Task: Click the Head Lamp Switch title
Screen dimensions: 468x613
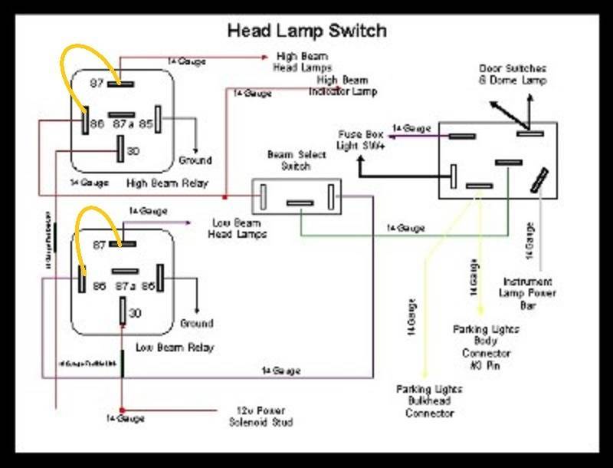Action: [x=306, y=31]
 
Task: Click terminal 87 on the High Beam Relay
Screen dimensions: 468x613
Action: [x=122, y=83]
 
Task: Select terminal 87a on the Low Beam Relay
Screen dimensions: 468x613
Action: [x=123, y=271]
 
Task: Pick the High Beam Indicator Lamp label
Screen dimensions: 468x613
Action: [x=338, y=85]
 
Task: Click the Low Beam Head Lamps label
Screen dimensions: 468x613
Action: [x=238, y=228]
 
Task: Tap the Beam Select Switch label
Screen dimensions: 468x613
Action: [x=296, y=160]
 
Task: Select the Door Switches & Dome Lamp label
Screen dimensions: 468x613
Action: [x=513, y=74]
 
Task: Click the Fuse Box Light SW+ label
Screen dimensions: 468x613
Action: [x=360, y=140]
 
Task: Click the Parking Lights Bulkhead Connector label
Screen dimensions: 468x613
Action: [x=429, y=401]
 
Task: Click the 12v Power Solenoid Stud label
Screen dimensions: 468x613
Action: [x=261, y=416]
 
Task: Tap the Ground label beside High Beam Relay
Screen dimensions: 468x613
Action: [x=195, y=160]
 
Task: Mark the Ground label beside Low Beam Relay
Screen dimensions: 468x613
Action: [x=196, y=323]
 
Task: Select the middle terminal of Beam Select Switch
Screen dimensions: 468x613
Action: [x=300, y=203]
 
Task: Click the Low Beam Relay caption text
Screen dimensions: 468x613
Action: [x=175, y=348]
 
